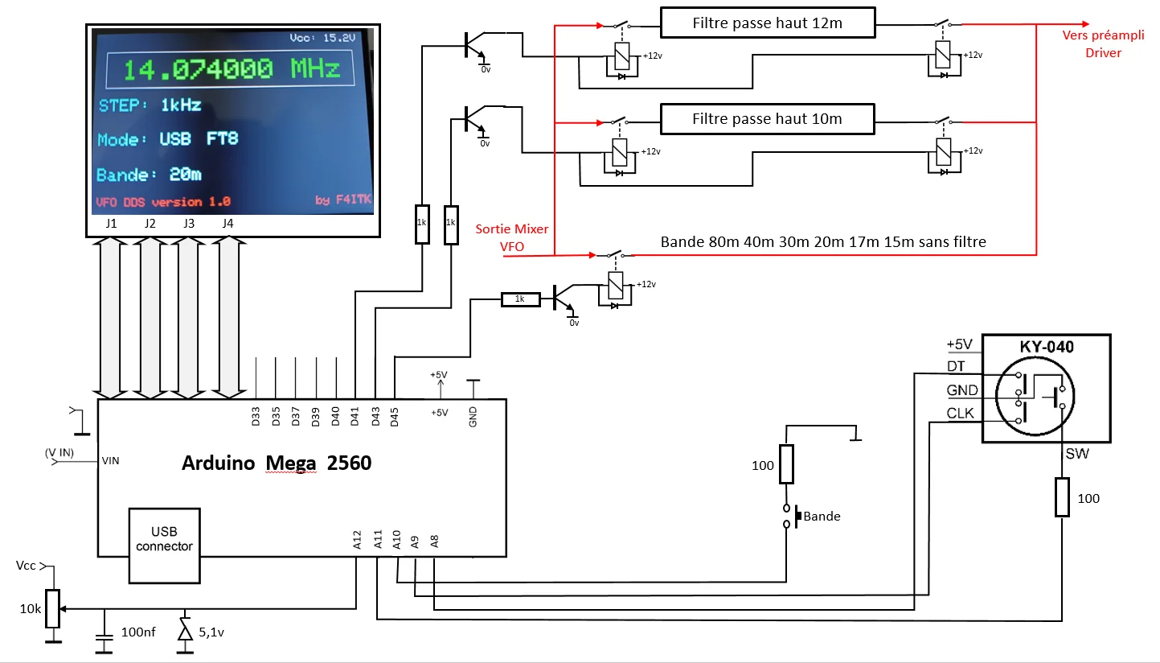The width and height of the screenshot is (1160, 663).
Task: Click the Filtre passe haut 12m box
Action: (x=768, y=23)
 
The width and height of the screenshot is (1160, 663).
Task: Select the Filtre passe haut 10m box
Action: (x=768, y=119)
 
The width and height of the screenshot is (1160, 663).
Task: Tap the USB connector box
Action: (x=164, y=546)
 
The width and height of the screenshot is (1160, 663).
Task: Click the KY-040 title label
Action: (x=1047, y=347)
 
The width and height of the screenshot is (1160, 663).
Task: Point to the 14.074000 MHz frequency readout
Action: (x=231, y=69)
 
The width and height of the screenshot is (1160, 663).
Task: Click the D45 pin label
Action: (x=395, y=417)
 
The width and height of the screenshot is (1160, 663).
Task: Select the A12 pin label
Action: (x=357, y=540)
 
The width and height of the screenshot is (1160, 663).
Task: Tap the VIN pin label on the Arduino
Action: (x=110, y=461)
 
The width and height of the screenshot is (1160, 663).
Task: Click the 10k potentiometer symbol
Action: (x=53, y=608)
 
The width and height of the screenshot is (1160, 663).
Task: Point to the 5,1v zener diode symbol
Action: (x=185, y=631)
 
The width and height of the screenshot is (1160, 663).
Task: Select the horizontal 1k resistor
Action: (x=520, y=299)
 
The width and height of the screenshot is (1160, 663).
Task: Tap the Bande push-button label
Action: (x=822, y=517)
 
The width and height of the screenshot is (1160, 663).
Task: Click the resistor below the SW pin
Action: (x=1062, y=497)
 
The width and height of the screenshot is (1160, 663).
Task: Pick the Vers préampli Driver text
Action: (x=1103, y=44)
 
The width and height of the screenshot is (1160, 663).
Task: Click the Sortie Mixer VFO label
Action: (x=511, y=237)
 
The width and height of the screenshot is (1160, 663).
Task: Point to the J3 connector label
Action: (x=188, y=224)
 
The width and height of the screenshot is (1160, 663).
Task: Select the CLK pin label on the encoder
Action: (x=960, y=413)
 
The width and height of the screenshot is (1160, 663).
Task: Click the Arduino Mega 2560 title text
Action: (x=277, y=463)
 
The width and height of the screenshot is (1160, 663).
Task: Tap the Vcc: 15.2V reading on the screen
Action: (x=322, y=38)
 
